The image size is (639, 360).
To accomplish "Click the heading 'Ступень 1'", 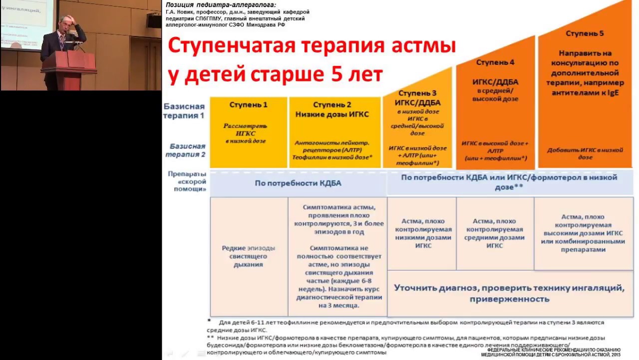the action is click(248, 105).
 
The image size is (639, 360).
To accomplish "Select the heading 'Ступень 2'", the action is click(332, 105).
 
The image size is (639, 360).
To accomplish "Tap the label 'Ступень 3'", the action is click(418, 93).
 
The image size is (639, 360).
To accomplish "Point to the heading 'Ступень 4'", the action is click(495, 62).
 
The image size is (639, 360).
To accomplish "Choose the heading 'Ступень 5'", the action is click(585, 33).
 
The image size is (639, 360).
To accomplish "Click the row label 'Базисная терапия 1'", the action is click(184, 111).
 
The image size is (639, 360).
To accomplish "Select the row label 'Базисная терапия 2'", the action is click(186, 150).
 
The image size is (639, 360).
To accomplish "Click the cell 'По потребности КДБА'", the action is click(298, 183).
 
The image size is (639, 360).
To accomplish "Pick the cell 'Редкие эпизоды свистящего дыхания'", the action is click(249, 256).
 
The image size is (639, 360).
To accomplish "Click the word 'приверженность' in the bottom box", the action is click(509, 299).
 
